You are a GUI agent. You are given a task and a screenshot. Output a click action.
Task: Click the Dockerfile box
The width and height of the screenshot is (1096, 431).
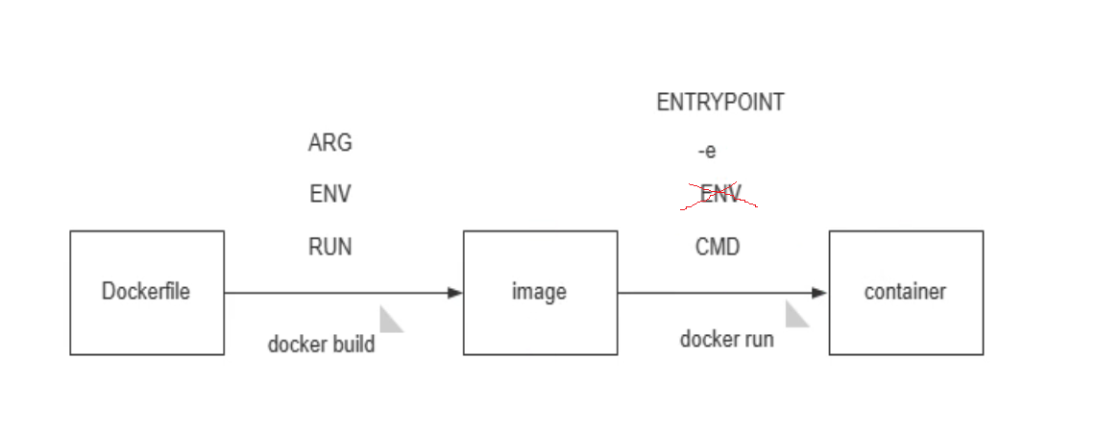click(146, 292)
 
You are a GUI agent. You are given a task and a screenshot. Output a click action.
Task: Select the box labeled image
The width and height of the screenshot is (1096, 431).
click(539, 292)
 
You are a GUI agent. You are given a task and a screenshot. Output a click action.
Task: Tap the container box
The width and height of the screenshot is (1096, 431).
click(905, 292)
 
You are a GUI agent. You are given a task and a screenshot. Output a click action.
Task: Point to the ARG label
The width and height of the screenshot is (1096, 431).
click(329, 143)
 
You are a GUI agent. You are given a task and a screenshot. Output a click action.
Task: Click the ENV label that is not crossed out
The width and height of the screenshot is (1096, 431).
click(329, 194)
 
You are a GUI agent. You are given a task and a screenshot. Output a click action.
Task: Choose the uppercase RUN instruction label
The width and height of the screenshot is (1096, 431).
click(329, 247)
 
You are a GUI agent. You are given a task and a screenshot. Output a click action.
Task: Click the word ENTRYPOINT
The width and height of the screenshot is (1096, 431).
click(719, 102)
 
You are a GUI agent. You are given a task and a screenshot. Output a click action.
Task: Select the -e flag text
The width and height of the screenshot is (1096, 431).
click(707, 151)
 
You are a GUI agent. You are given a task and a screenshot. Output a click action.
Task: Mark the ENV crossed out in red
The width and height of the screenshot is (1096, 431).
click(719, 194)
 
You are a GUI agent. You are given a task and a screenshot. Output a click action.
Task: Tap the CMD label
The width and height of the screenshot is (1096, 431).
click(718, 247)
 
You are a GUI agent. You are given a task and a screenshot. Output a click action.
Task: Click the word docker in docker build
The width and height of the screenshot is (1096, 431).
click(296, 344)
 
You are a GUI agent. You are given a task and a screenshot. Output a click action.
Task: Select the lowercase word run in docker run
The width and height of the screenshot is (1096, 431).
click(758, 339)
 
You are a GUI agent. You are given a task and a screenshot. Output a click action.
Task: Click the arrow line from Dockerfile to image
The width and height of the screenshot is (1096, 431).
click(336, 293)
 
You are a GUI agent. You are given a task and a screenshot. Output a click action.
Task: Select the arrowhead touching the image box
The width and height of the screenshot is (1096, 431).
click(455, 293)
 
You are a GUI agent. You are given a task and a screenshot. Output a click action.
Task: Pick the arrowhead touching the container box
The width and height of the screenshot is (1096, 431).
click(819, 293)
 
